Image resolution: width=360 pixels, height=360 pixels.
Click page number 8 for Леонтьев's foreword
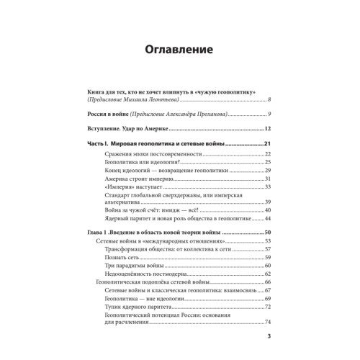[x=269, y=99]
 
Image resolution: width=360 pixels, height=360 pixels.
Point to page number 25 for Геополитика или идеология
[x=267, y=165]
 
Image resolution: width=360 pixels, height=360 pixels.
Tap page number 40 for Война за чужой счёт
[x=267, y=210]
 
